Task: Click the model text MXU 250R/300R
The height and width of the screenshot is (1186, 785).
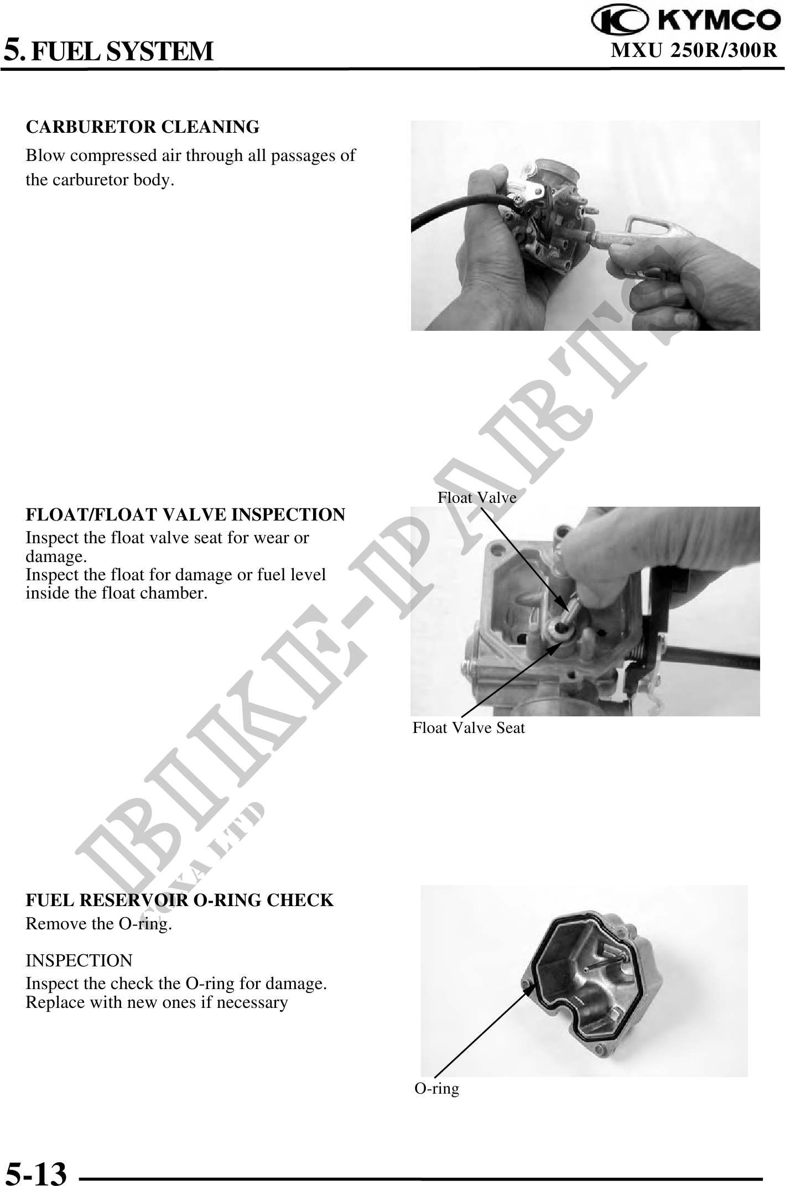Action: pos(695,50)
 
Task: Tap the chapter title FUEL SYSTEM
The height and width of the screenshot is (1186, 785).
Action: pos(122,51)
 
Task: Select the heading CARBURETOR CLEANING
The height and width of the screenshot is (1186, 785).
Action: pos(143,127)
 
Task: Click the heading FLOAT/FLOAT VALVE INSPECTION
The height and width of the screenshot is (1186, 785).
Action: pos(185,514)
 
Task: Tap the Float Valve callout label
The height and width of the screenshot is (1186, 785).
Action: pos(477,497)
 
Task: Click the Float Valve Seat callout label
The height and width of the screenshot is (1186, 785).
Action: pos(469,727)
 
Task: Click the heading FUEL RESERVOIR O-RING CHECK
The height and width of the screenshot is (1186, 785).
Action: pos(180,900)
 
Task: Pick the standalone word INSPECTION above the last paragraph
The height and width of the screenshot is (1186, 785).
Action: pos(79,960)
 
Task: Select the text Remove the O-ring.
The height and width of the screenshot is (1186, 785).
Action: pos(99,924)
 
